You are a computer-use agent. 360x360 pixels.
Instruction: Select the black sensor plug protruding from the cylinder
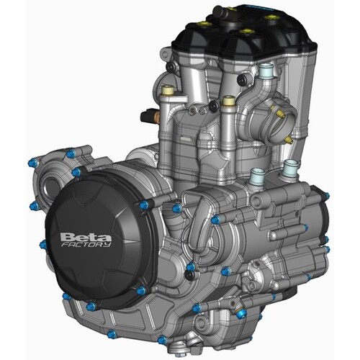(x=152, y=114)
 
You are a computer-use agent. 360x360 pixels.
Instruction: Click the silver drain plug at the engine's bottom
(x=189, y=342)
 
